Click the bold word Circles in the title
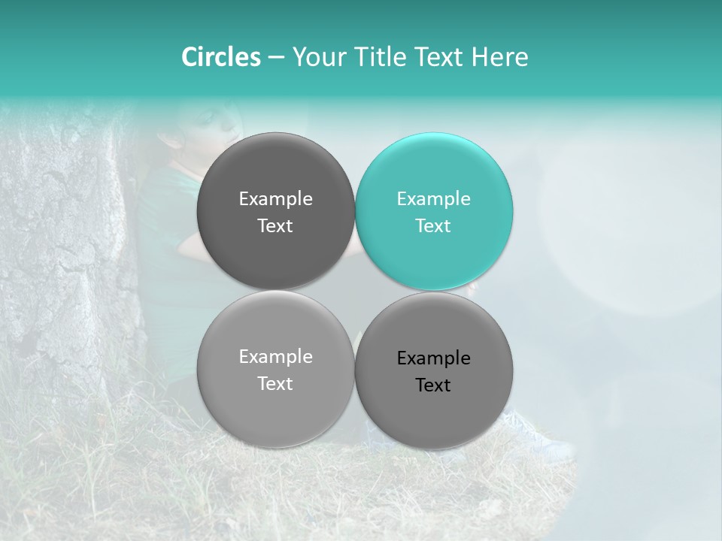[x=220, y=57]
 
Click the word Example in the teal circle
[x=433, y=199]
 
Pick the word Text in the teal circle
[x=433, y=226]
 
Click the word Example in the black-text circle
[x=433, y=358]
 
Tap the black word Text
[x=433, y=385]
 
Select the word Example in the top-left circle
[x=275, y=199]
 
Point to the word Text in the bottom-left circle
[x=275, y=384]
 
